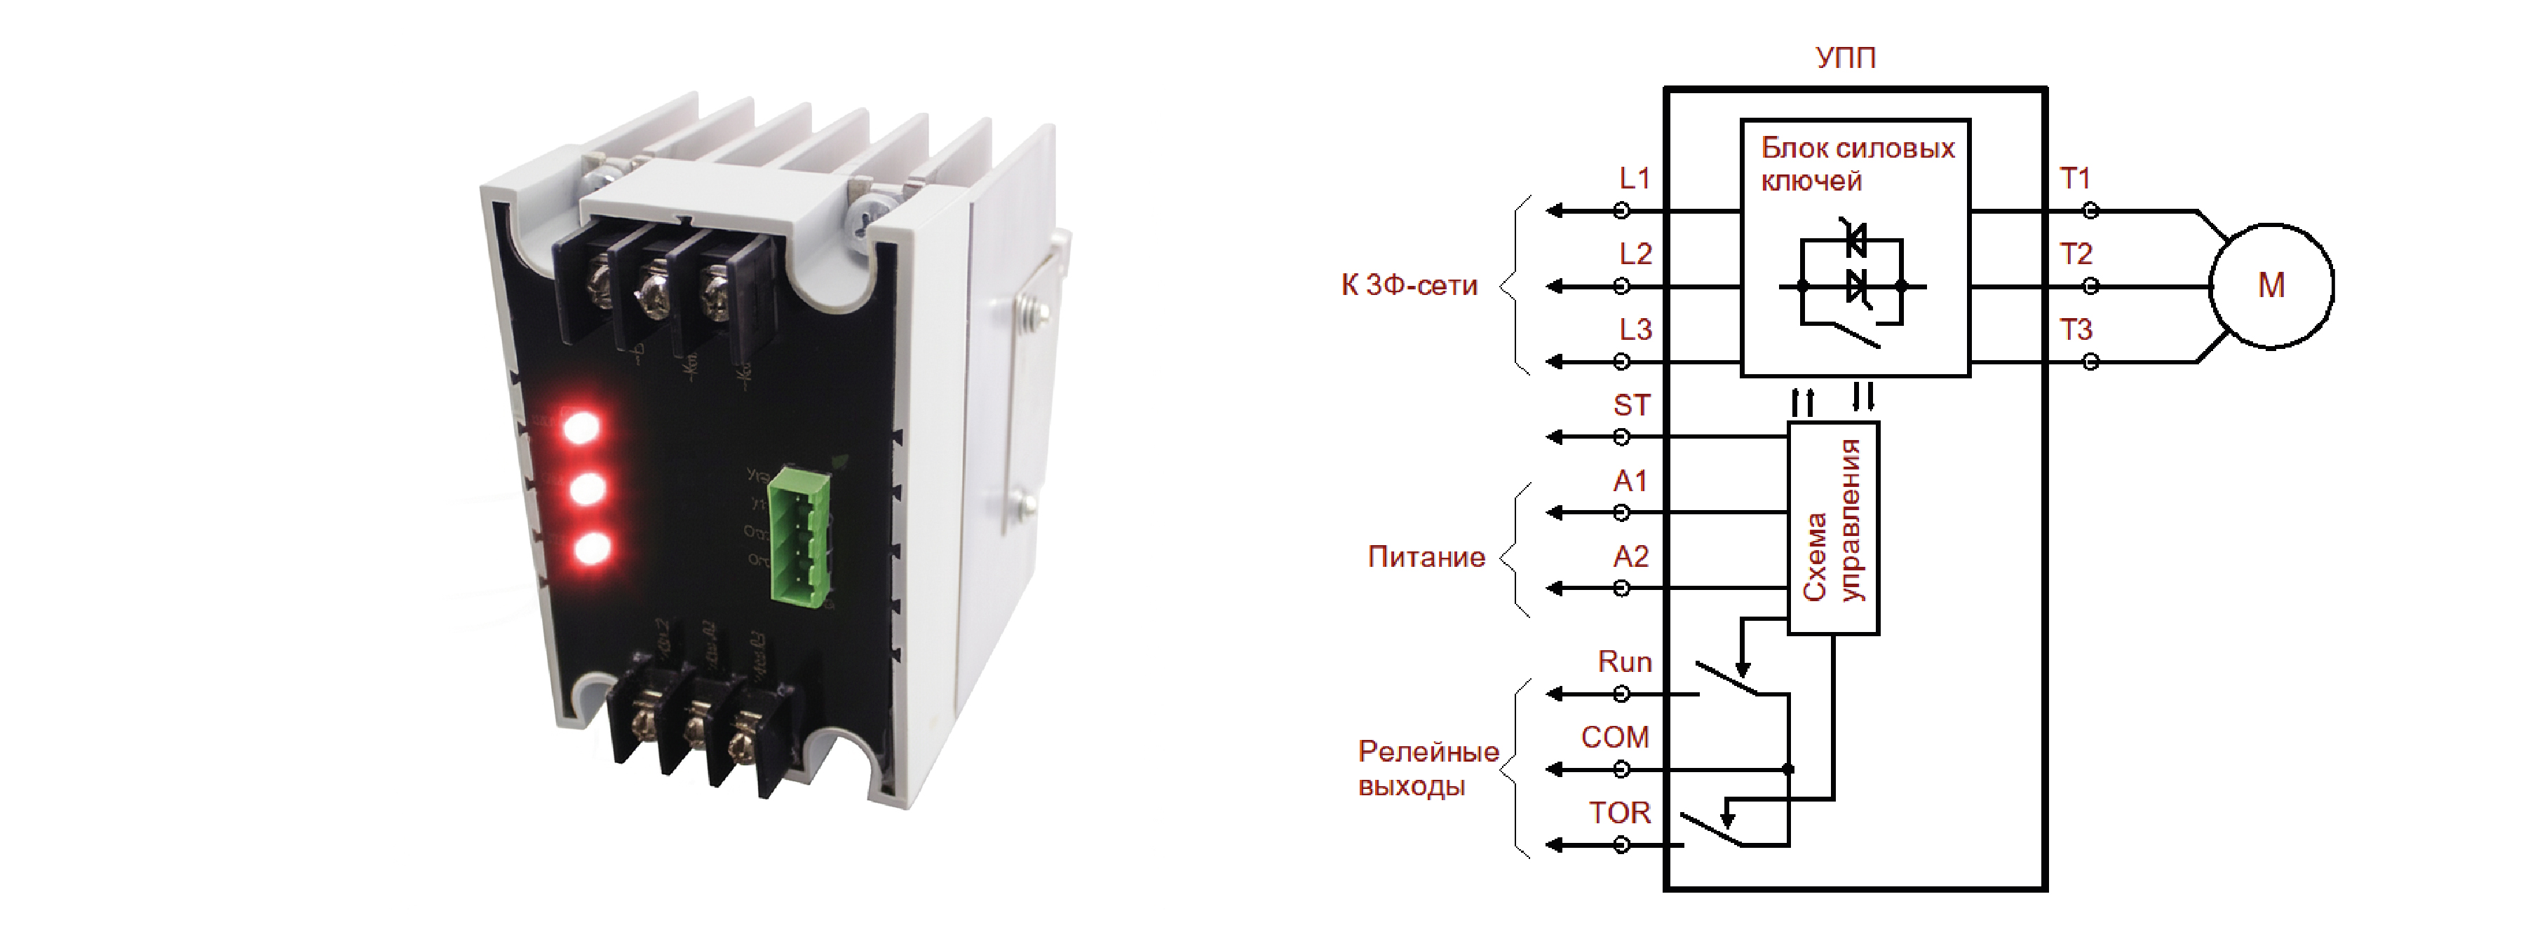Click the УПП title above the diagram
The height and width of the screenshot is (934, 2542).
pyautogui.click(x=1846, y=57)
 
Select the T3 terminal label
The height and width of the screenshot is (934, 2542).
pyautogui.click(x=2075, y=329)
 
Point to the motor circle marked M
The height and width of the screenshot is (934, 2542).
pyautogui.click(x=2271, y=286)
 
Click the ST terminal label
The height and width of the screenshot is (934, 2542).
pyautogui.click(x=1631, y=406)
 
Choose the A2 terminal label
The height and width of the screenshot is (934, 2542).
pyautogui.click(x=1631, y=557)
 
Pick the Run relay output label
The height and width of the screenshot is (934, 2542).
pyautogui.click(x=1624, y=662)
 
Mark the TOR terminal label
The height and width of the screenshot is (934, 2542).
pyautogui.click(x=1619, y=813)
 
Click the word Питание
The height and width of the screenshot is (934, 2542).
pyautogui.click(x=1426, y=557)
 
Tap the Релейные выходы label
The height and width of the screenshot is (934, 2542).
pyautogui.click(x=1428, y=769)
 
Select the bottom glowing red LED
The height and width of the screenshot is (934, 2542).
pyautogui.click(x=591, y=549)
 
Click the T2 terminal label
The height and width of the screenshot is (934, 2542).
pyautogui.click(x=2075, y=254)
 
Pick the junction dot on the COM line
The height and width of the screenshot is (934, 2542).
pyautogui.click(x=1788, y=769)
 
